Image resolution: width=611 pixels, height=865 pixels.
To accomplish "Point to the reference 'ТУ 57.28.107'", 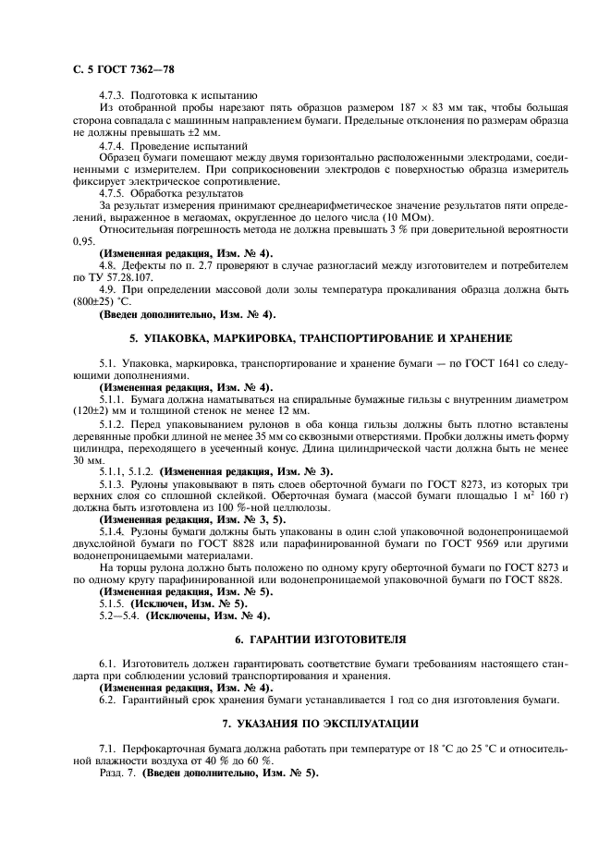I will point(123,277).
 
